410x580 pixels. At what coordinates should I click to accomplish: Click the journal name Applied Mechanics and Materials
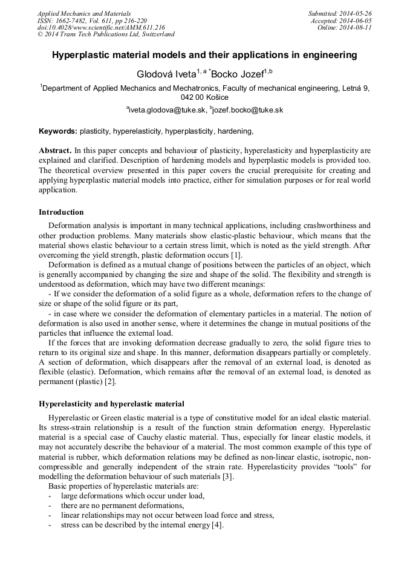point(83,13)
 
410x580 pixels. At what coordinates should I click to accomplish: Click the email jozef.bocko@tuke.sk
point(247,110)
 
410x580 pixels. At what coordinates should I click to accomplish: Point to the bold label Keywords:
point(58,131)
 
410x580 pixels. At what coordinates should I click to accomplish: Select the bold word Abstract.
point(55,150)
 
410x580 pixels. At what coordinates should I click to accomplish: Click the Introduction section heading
point(61,212)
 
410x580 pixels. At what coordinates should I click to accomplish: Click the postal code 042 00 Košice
point(205,97)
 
